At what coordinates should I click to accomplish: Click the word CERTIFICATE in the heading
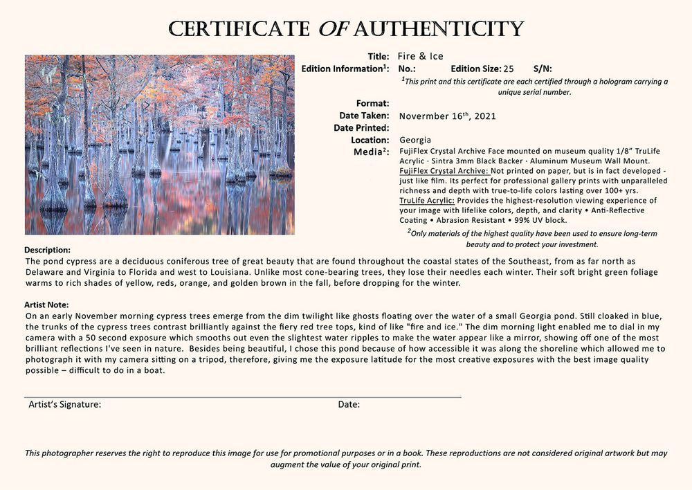[x=239, y=29]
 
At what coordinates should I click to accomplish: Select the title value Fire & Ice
[x=421, y=56]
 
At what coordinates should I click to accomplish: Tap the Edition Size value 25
[x=509, y=69]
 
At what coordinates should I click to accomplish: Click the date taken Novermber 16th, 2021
[x=448, y=116]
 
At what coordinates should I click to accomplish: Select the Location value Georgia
[x=415, y=140]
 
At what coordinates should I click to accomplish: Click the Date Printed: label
[x=361, y=128]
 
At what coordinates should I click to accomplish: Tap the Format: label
[x=372, y=104]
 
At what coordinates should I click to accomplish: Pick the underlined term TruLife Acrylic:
[x=427, y=200]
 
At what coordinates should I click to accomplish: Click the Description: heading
[x=48, y=250]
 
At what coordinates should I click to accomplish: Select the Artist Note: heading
[x=46, y=305]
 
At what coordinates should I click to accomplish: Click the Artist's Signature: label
[x=65, y=405]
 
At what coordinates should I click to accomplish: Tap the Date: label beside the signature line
[x=349, y=405]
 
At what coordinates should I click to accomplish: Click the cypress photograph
[x=159, y=145]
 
